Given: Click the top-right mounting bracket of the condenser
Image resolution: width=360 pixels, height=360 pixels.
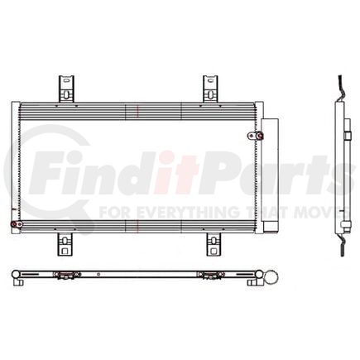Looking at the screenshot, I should (x=211, y=89).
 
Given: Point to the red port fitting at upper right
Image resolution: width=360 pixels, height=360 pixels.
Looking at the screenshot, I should (x=252, y=136).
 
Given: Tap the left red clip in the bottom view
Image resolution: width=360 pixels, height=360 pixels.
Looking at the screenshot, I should (x=61, y=274).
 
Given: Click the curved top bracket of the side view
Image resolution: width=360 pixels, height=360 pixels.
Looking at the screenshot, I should (x=339, y=87).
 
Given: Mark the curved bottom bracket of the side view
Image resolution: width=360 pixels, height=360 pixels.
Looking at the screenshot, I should (x=339, y=244).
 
